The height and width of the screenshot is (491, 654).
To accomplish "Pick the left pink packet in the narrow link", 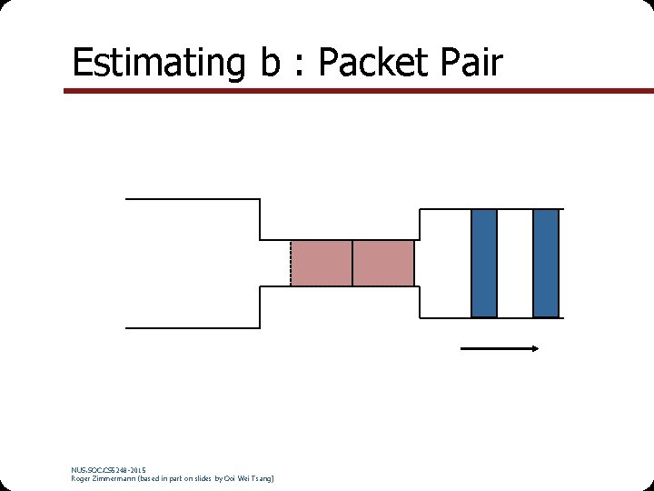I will pos(322,264).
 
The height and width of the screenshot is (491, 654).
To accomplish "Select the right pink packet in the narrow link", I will pos(383,264).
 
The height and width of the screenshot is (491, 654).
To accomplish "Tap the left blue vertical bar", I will pos(484,263).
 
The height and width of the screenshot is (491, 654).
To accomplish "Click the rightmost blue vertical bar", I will pos(546,263).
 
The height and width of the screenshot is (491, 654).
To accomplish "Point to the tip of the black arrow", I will pos(540,347).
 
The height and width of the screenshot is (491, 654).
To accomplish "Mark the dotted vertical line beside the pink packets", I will pos(291,264).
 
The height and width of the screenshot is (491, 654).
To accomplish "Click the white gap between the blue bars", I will pos(515,263).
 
